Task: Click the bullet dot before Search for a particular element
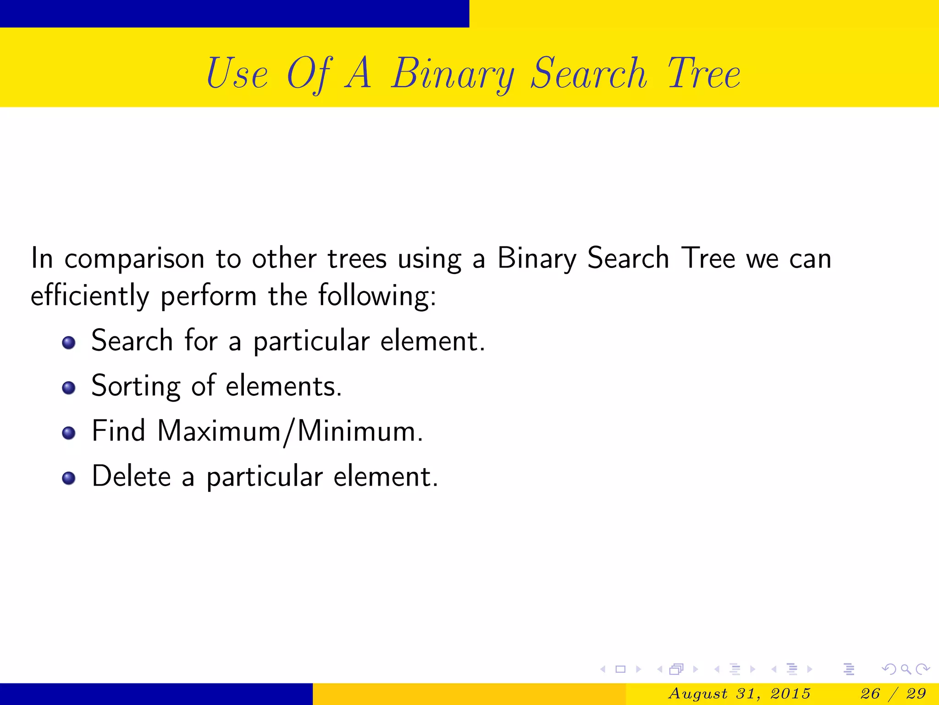pyautogui.click(x=69, y=342)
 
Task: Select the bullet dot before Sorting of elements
pyautogui.click(x=69, y=388)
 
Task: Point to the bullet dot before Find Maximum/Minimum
pyautogui.click(x=69, y=433)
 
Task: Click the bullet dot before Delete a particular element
pyautogui.click(x=69, y=478)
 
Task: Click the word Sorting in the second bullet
pyautogui.click(x=136, y=386)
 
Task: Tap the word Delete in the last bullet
pyautogui.click(x=131, y=476)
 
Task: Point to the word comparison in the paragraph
pyautogui.click(x=134, y=259)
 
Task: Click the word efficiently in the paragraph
pyautogui.click(x=90, y=296)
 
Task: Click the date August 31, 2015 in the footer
pyautogui.click(x=740, y=694)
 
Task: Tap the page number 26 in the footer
pyautogui.click(x=870, y=694)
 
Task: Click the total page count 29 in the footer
pyautogui.click(x=916, y=694)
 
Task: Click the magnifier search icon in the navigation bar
pyautogui.click(x=906, y=669)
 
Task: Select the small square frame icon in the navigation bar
pyautogui.click(x=620, y=669)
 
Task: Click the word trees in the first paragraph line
pyautogui.click(x=357, y=259)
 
